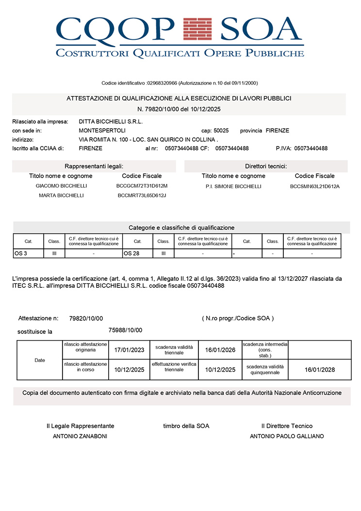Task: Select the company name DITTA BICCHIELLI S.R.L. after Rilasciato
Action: [111, 122]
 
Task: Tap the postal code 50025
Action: [221, 131]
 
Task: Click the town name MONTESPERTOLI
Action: [102, 131]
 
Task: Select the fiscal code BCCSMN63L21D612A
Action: [315, 186]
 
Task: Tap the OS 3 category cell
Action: [28, 253]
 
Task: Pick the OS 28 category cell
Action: [137, 253]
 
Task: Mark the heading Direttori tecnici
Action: [266, 166]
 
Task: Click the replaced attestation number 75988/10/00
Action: [125, 330]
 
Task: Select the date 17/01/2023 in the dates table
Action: [129, 350]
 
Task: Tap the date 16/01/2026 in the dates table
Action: [220, 350]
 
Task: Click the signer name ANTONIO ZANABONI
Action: [80, 436]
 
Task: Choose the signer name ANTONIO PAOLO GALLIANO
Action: [287, 436]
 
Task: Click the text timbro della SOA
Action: [186, 426]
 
